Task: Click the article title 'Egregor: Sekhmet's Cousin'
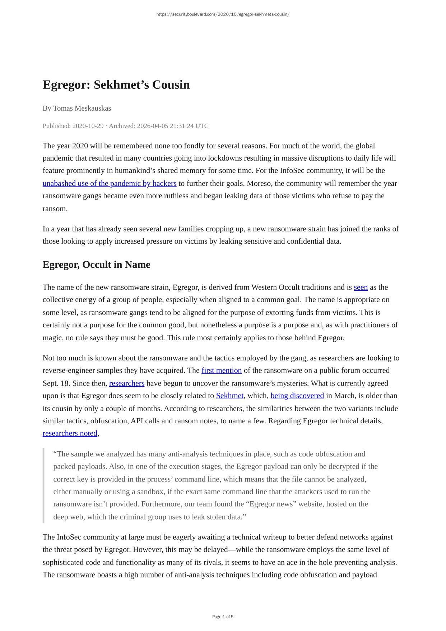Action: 116,85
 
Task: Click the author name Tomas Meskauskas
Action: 82,108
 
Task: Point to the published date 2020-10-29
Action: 88,126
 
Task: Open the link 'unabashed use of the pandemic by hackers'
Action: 110,184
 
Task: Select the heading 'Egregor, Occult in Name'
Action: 96,264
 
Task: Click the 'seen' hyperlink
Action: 361,287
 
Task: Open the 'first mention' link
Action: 222,370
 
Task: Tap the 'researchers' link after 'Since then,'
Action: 127,383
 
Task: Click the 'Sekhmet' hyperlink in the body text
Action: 229,396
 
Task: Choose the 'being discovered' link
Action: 297,396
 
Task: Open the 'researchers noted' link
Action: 70,433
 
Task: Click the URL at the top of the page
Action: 223,14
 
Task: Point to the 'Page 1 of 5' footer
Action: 223,617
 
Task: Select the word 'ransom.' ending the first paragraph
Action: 55,209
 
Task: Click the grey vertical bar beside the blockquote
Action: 43,485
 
